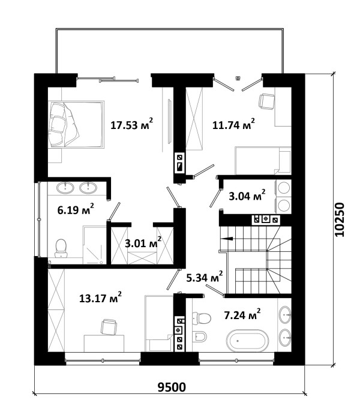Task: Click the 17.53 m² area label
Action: pyautogui.click(x=132, y=124)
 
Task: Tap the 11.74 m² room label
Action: pyautogui.click(x=233, y=124)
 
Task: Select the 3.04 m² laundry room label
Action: pyautogui.click(x=247, y=196)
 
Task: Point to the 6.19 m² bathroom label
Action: pyautogui.click(x=76, y=209)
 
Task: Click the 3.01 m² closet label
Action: pyautogui.click(x=143, y=243)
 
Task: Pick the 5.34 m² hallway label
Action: pyautogui.click(x=204, y=277)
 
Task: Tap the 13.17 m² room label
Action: pyautogui.click(x=101, y=298)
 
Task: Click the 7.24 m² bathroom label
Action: pyautogui.click(x=242, y=315)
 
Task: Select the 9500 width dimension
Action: pyautogui.click(x=172, y=387)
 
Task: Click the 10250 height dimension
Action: pyautogui.click(x=340, y=220)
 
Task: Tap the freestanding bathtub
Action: pyautogui.click(x=247, y=341)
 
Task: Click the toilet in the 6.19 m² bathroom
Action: pyautogui.click(x=61, y=248)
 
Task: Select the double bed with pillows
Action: pyautogui.click(x=76, y=124)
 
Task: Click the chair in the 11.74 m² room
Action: pyautogui.click(x=266, y=101)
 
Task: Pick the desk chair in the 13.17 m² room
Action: pyautogui.click(x=109, y=327)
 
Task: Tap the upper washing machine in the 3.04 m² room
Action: pyautogui.click(x=284, y=188)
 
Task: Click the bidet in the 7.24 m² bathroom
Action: pyautogui.click(x=199, y=336)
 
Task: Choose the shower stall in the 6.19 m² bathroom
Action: pyautogui.click(x=95, y=245)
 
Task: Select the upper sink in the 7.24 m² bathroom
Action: pyautogui.click(x=285, y=315)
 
